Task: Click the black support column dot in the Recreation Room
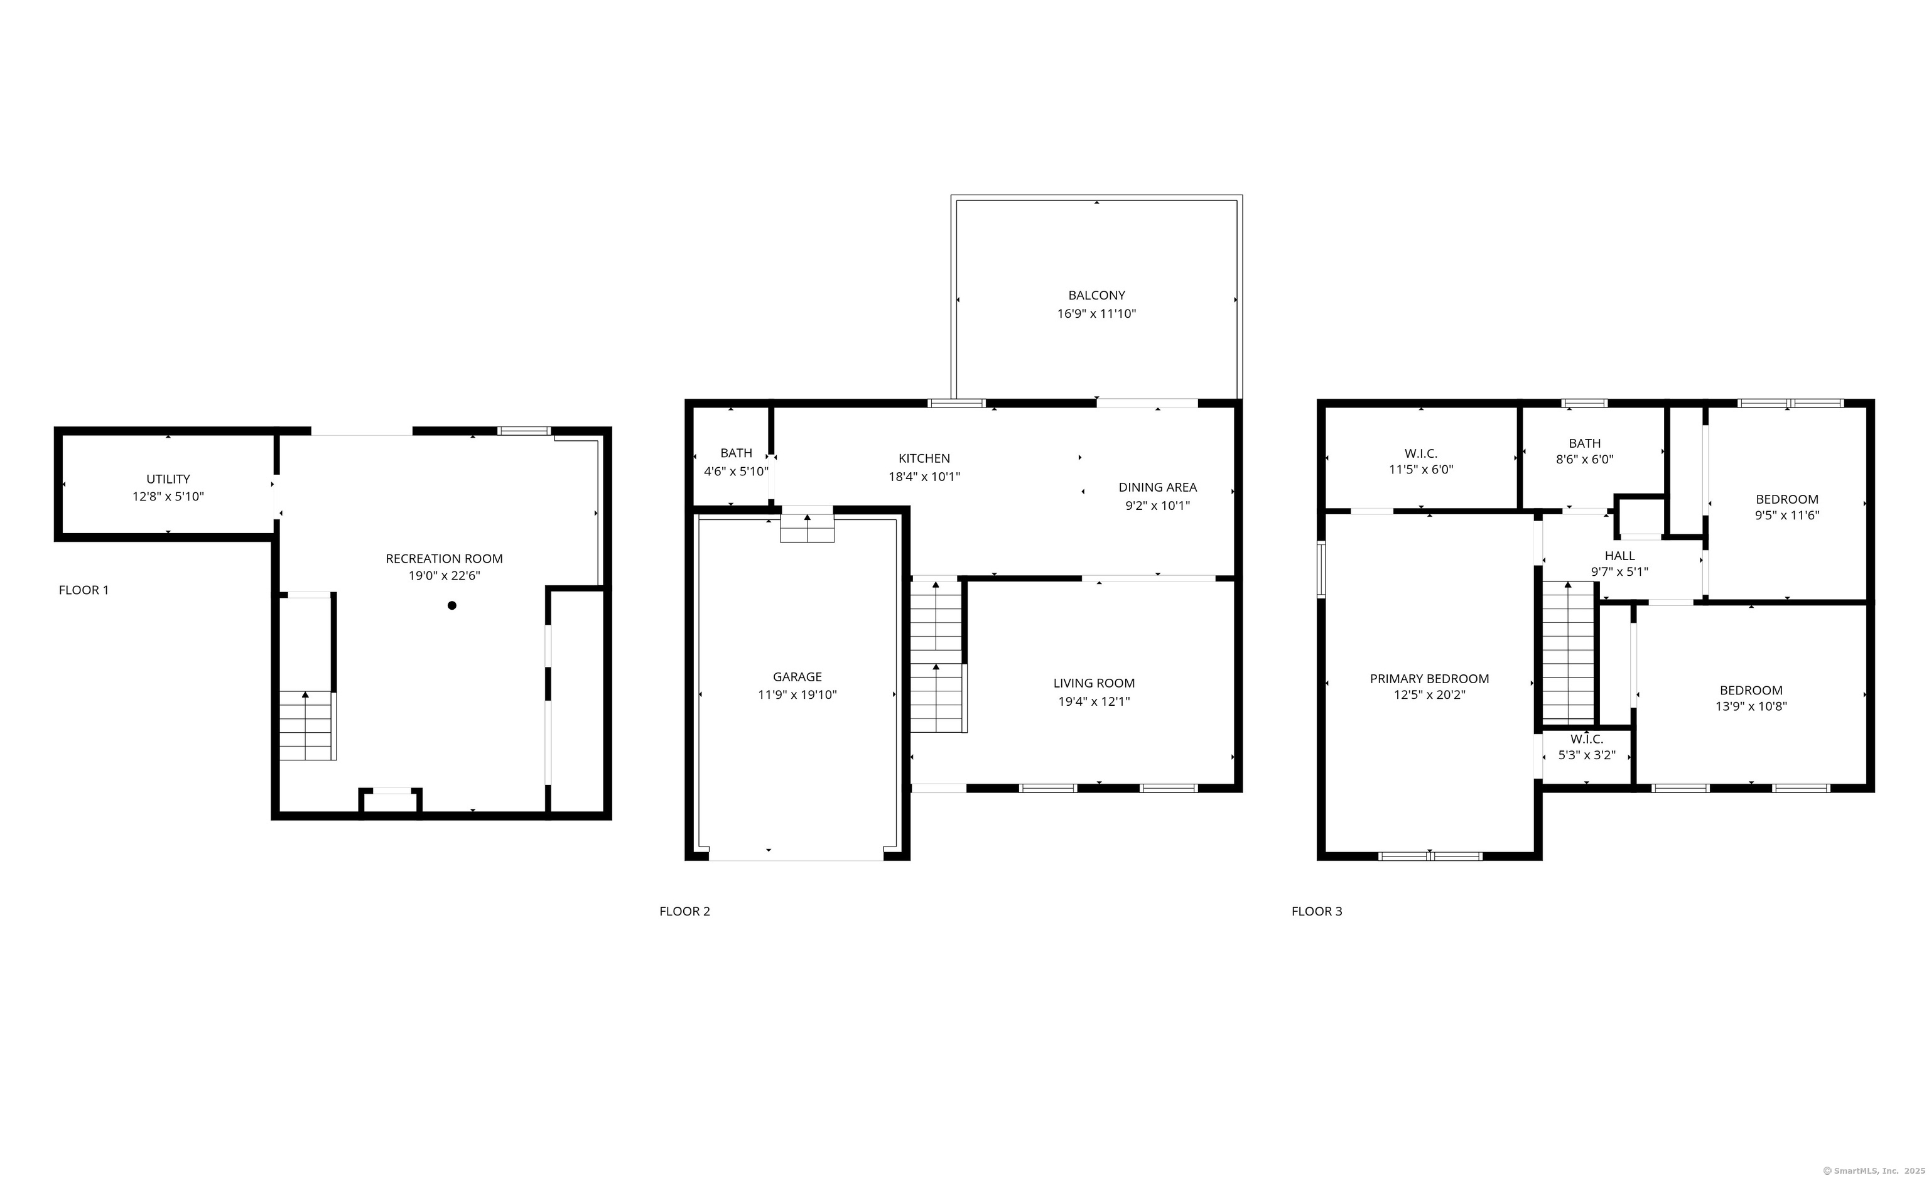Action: tap(451, 605)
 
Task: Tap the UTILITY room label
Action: tap(168, 479)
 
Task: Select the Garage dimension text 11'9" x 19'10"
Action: tap(797, 694)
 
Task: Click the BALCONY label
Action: tap(1096, 295)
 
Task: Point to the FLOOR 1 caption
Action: tap(84, 590)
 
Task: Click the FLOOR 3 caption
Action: tap(1317, 911)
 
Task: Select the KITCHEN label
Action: tap(924, 458)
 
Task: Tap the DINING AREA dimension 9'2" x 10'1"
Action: tap(1157, 505)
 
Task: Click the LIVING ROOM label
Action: tap(1094, 683)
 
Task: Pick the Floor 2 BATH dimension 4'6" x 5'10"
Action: tap(736, 471)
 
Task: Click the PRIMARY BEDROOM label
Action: tap(1429, 679)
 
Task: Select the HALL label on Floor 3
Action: tap(1619, 556)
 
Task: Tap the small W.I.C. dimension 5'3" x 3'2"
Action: tap(1586, 755)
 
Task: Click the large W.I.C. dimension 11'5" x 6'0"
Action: tap(1420, 470)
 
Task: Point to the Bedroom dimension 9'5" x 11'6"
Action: tap(1786, 515)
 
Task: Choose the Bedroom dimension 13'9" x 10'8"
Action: tap(1751, 706)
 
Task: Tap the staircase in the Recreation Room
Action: tap(308, 727)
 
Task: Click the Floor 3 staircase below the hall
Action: tap(1568, 654)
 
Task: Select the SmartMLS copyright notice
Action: tap(1873, 1171)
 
